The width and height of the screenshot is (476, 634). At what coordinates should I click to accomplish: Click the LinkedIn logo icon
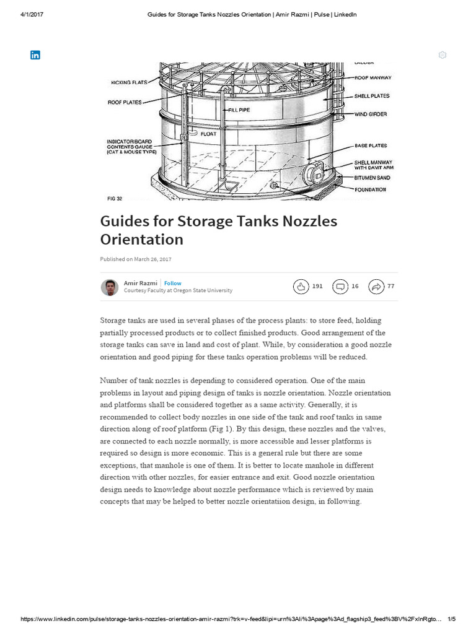(x=35, y=55)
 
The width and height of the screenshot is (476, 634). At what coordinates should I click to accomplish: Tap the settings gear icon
(x=442, y=55)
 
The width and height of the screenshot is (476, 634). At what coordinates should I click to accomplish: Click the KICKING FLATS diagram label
(x=129, y=82)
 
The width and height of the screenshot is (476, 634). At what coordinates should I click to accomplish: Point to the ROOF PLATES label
(x=125, y=102)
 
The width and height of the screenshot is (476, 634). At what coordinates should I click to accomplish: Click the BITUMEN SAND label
(x=372, y=178)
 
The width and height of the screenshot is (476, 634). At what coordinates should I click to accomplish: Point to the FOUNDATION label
(x=370, y=189)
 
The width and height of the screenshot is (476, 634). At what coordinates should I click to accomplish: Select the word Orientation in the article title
(x=142, y=239)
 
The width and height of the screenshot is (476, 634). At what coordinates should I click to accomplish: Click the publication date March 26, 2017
(x=152, y=259)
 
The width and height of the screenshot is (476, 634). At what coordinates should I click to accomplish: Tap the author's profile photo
(x=109, y=287)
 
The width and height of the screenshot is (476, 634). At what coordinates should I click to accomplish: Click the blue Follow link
(x=173, y=283)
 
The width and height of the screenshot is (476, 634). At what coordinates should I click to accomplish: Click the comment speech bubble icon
(x=340, y=286)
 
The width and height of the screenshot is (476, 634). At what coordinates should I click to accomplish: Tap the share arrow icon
(x=376, y=286)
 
